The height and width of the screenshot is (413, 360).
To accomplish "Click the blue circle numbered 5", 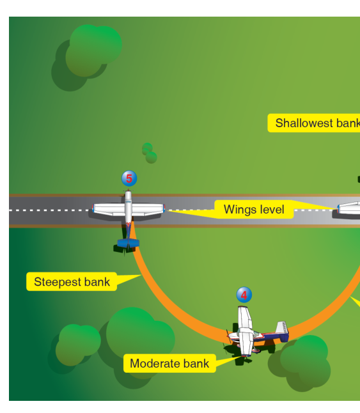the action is [x=129, y=178].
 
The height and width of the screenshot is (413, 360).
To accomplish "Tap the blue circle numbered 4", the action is [x=244, y=295].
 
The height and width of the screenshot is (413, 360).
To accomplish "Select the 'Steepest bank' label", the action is [x=72, y=281].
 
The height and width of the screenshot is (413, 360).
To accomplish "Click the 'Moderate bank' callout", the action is [x=169, y=363].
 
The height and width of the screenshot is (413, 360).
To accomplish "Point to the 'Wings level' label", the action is [x=254, y=210].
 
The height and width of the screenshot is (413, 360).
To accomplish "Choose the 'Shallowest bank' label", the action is [x=314, y=123].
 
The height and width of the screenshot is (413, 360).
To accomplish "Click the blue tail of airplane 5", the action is [x=129, y=243].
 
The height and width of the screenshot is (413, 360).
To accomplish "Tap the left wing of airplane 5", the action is [x=109, y=209].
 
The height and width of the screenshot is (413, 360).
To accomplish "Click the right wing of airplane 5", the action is [x=148, y=210].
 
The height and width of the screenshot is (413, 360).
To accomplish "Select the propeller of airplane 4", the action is [x=228, y=336].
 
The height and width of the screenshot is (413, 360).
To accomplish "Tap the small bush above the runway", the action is [x=150, y=153].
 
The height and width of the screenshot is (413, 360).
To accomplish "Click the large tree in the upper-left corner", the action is [x=87, y=58].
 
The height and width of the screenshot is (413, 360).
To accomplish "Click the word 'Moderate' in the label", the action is [x=155, y=364].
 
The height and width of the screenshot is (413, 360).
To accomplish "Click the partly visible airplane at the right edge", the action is [x=348, y=208].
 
